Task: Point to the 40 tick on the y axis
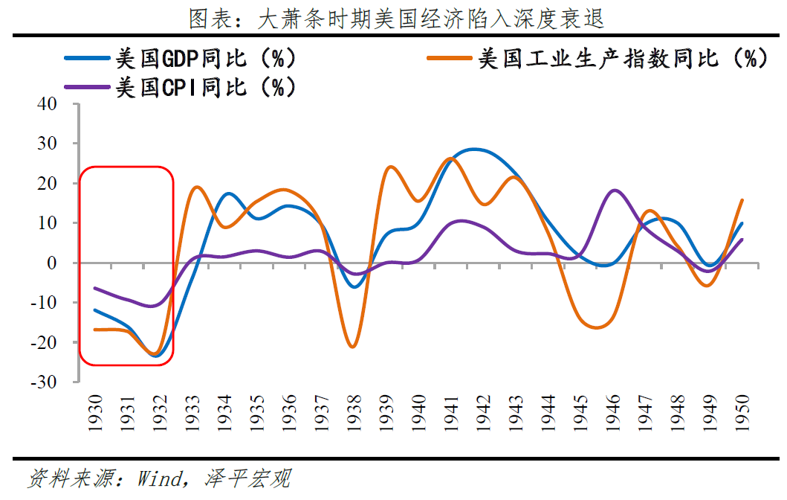click(x=46, y=104)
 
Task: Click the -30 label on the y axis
click(x=42, y=382)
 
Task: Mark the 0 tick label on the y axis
click(x=52, y=263)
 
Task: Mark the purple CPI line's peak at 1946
click(x=614, y=190)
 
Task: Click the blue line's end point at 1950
click(x=742, y=223)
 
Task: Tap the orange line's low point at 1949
click(x=710, y=286)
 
